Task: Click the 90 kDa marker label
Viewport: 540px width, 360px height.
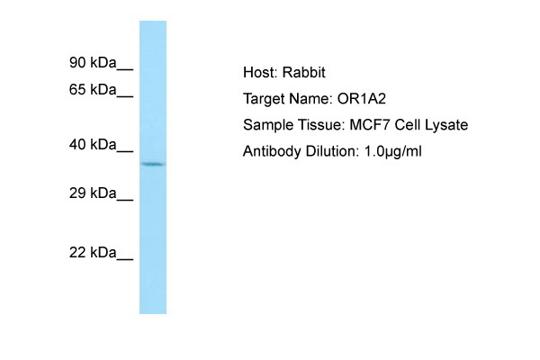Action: coord(93,63)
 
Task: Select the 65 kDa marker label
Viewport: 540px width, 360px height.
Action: coord(93,90)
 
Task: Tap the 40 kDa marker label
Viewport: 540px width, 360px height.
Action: coord(93,145)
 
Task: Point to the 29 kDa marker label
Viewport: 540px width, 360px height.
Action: coord(93,193)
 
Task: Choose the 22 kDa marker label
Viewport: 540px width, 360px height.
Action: coord(93,253)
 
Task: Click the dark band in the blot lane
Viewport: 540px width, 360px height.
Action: coord(153,164)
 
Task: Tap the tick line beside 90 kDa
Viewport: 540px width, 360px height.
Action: coord(125,69)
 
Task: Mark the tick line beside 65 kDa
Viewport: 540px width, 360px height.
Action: coord(125,96)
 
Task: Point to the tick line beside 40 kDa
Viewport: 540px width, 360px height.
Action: coord(125,151)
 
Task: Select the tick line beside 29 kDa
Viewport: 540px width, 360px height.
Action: coord(125,200)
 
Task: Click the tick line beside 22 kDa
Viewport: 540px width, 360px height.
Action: coord(125,259)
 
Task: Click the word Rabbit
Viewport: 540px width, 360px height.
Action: coord(304,72)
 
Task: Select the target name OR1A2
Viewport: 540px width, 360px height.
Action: coord(362,99)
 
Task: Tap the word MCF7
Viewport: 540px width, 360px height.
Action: coord(370,125)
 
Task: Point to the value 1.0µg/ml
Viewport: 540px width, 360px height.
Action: coord(393,152)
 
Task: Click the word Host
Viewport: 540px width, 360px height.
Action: coord(260,72)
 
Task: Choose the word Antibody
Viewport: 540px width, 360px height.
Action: coord(272,152)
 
